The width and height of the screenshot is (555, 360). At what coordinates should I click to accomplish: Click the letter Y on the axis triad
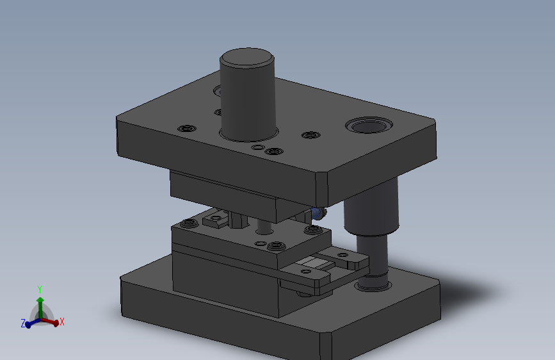tap(40, 290)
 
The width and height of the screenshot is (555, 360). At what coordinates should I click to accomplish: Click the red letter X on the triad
tap(62, 322)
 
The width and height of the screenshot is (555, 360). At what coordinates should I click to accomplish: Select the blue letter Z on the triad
tap(23, 323)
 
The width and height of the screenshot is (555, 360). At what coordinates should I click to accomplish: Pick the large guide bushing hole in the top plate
tap(369, 126)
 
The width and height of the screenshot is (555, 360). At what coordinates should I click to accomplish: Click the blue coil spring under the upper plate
tap(316, 213)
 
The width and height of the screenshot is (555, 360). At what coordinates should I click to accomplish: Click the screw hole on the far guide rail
tap(342, 255)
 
